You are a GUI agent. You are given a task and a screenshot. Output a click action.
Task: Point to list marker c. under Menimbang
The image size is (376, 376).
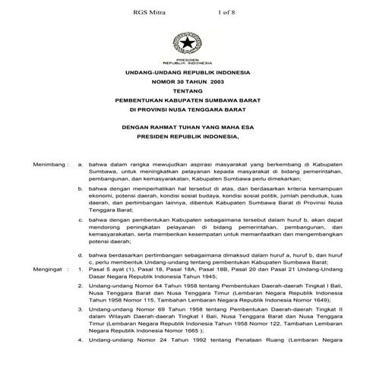pyautogui.click(x=81, y=218)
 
